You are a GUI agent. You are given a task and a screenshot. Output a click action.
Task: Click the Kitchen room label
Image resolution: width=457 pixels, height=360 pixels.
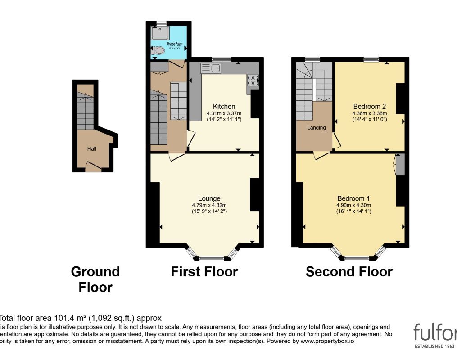(x=224, y=107)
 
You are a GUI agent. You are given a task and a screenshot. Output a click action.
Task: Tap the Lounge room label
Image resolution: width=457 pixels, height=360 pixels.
(x=209, y=198)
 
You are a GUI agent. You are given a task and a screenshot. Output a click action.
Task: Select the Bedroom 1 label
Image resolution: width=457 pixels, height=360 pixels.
(x=353, y=198)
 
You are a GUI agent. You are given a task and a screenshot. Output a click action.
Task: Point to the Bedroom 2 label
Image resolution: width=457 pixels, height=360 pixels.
(x=369, y=107)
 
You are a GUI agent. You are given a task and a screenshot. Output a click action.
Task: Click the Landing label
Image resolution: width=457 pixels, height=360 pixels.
(x=316, y=128)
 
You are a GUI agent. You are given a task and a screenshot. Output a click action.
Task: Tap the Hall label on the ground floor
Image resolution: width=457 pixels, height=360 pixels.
(x=92, y=148)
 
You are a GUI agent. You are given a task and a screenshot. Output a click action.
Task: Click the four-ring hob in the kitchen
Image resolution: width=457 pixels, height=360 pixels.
(x=253, y=80)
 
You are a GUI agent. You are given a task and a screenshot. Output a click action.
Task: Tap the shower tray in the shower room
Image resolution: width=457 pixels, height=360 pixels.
(x=158, y=33)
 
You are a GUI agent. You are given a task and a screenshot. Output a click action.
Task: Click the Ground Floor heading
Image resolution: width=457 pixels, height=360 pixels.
(x=95, y=279)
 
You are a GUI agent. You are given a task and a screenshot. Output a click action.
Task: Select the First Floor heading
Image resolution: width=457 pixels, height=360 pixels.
(x=204, y=272)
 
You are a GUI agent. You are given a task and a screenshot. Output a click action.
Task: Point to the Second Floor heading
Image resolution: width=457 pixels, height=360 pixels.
(x=349, y=272)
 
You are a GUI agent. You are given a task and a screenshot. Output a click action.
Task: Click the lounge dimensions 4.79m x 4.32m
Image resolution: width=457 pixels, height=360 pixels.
(x=209, y=205)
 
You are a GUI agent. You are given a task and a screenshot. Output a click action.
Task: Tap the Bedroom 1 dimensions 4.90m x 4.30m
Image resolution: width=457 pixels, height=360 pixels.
(x=353, y=205)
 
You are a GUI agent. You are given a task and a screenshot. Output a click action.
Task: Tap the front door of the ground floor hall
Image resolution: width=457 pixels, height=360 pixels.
(x=93, y=168)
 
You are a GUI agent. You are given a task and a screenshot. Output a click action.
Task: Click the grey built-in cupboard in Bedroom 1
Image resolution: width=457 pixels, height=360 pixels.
(x=400, y=165)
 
